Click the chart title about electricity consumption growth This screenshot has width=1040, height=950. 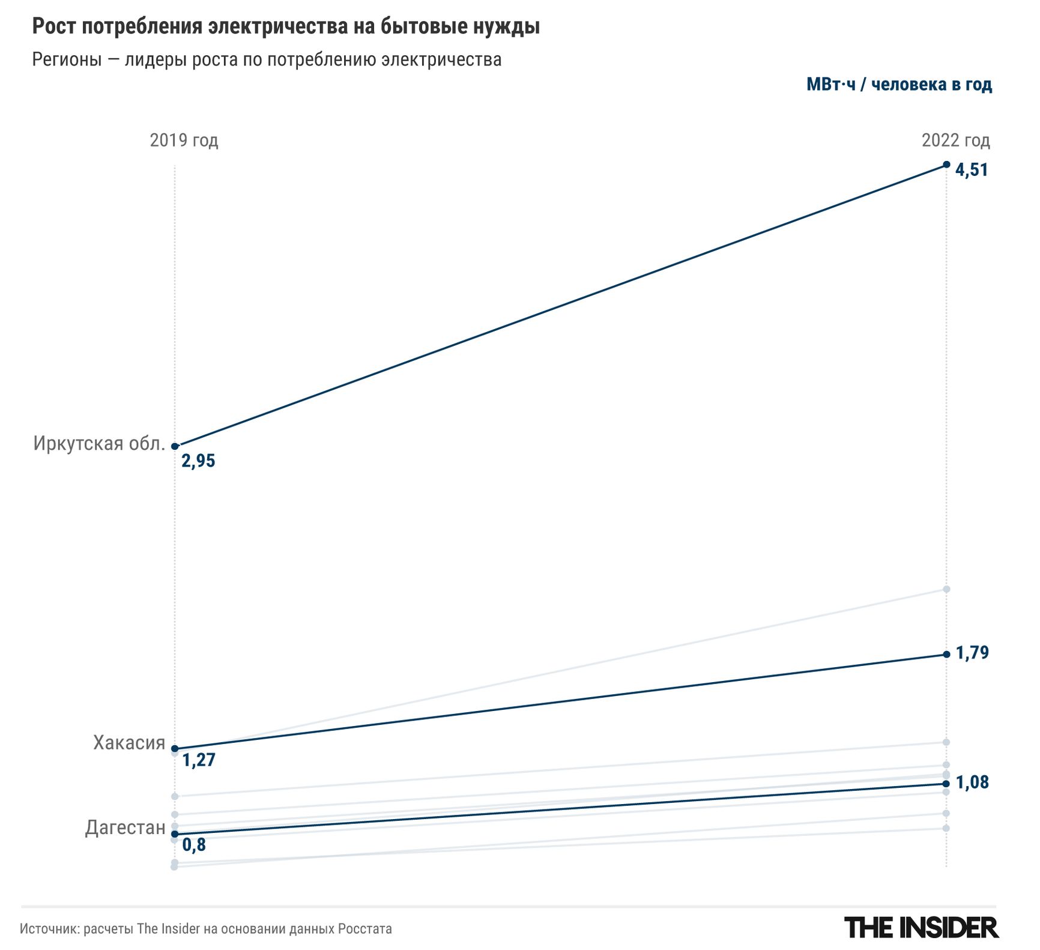coord(286,27)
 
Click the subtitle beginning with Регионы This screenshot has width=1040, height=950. coord(267,59)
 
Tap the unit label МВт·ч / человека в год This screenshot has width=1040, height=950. coord(899,85)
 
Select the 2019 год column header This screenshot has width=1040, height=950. coord(184,141)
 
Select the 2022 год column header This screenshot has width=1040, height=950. coord(955,141)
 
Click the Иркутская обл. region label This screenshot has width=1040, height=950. coord(99,444)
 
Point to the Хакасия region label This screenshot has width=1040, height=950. coord(129,743)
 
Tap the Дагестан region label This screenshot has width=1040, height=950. coord(125,827)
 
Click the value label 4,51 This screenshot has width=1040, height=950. coord(972,170)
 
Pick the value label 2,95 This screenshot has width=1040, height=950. coord(198,461)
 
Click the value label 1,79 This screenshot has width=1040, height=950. coord(972,653)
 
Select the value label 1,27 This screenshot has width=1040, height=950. coord(199,760)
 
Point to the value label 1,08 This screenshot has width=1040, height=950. coord(972,782)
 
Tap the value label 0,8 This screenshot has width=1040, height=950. coord(194,845)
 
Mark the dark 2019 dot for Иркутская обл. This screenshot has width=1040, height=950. coord(175,446)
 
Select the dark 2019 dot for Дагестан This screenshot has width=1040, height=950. coord(175,834)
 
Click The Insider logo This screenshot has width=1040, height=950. coord(921,928)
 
